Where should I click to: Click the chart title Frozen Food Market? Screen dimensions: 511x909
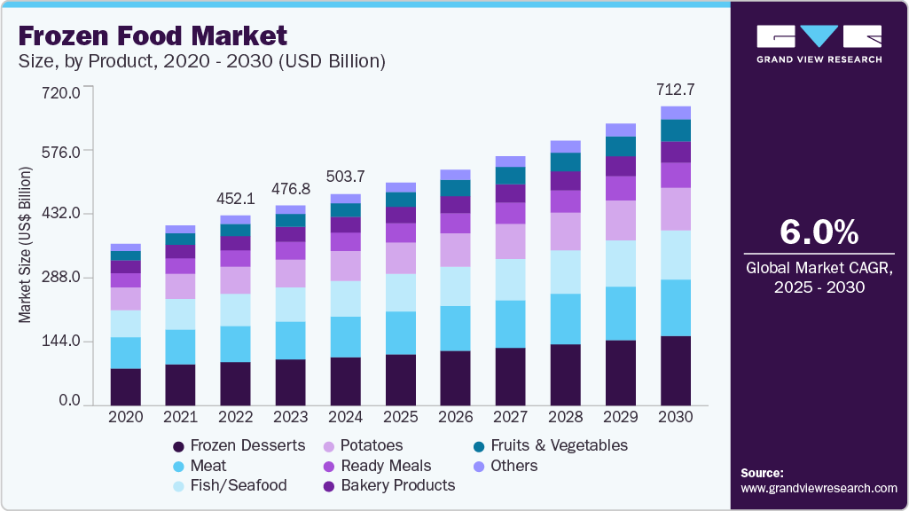pos(153,35)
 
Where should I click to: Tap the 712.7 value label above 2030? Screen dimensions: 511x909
pos(675,89)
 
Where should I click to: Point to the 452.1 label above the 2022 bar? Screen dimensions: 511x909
pos(235,198)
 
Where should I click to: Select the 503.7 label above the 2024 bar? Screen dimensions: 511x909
pos(345,177)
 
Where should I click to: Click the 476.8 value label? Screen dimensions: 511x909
pos(290,189)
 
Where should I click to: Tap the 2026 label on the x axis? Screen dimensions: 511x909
pos(455,417)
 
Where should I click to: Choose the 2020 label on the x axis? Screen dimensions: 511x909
pos(125,417)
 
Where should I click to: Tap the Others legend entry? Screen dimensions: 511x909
pos(514,466)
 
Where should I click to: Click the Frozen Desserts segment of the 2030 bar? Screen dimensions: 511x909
pos(675,370)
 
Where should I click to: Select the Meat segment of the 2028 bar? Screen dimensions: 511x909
pos(565,318)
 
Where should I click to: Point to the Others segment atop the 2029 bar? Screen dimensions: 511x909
pos(620,130)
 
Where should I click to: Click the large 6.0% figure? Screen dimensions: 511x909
pos(819,232)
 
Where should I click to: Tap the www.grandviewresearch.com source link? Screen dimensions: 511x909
pos(819,488)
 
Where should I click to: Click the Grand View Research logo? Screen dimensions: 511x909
pos(819,44)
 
